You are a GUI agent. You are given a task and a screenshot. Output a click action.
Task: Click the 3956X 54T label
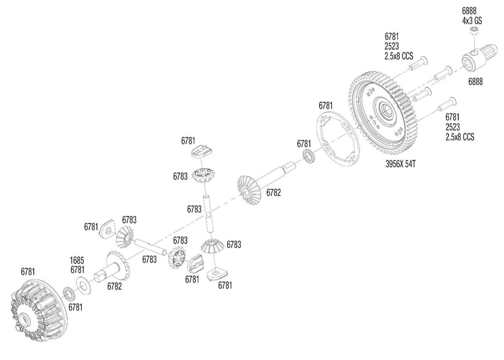point(401,164)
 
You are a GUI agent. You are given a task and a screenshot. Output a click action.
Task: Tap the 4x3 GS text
point(472,21)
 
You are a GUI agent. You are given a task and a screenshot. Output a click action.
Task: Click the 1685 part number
point(77,260)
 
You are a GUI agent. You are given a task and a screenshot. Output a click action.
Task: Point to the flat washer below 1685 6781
point(84,286)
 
